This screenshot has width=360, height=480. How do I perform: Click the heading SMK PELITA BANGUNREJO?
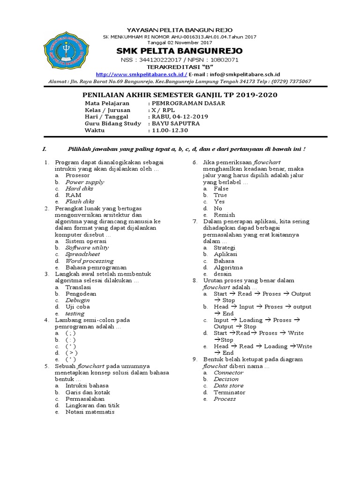[x=180, y=50]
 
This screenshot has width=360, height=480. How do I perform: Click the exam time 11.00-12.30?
[x=169, y=130]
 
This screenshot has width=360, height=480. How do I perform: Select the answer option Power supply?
[x=84, y=182]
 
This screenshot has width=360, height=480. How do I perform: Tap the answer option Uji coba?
[x=78, y=307]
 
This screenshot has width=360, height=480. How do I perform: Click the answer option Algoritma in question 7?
[x=228, y=267]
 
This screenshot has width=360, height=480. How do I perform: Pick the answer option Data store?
[x=229, y=385]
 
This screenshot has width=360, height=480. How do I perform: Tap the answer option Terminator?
[x=229, y=392]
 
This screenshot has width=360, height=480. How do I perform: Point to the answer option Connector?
[x=229, y=372]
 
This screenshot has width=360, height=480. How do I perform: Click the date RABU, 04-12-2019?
[x=180, y=116]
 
